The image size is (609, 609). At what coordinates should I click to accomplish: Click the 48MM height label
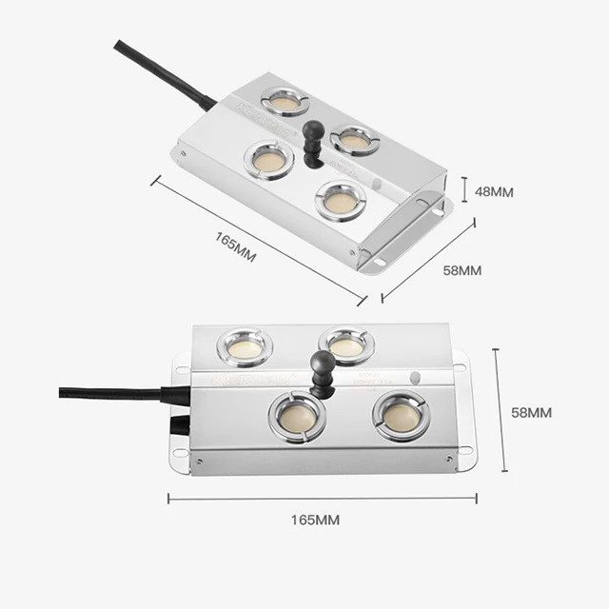coord(494,191)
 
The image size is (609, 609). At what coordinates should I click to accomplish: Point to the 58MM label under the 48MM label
coord(462,270)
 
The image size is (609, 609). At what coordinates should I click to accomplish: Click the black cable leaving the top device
coord(162,71)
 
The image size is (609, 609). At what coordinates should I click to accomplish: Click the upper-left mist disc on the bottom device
coord(246,346)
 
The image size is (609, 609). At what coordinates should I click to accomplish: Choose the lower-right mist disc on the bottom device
coord(401,415)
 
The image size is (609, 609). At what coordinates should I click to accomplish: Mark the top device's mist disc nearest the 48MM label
coord(340,199)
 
